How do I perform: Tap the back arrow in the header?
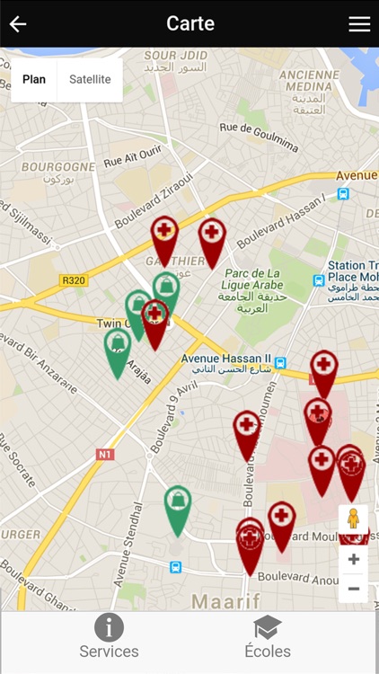point(18,24)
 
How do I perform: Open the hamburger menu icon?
point(359,24)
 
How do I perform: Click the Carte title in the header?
point(190,23)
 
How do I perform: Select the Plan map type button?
point(34,79)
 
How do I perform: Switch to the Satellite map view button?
point(90,79)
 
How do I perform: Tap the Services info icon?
point(109,627)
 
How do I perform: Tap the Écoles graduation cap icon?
point(267,627)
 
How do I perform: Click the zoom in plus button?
point(354,559)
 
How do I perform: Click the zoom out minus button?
point(354,589)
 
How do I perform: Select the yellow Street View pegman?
point(353,519)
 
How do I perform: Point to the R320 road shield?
point(74,280)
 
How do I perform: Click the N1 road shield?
point(105,455)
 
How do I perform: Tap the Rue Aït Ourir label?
point(132,158)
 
